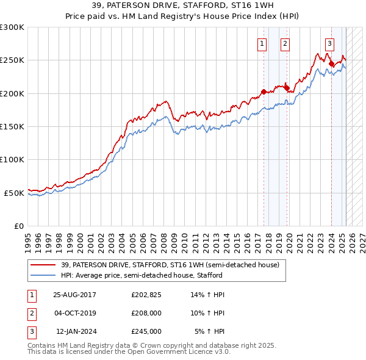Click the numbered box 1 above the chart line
262,43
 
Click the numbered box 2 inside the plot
285,43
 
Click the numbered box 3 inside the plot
329,43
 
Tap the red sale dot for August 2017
264,92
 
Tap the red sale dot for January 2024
331,63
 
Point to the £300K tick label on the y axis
12,27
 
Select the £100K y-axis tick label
12,159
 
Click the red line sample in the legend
43,265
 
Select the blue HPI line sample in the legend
43,275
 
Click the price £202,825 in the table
146,295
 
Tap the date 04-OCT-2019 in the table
74,313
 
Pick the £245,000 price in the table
146,331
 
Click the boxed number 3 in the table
31,331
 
